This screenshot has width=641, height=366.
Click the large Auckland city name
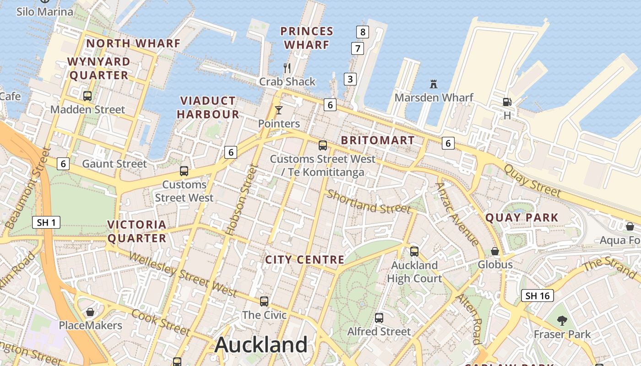[x=261, y=344]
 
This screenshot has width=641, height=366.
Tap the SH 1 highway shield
[x=47, y=223]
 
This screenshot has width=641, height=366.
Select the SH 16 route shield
[x=538, y=296]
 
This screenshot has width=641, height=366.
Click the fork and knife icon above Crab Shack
[x=287, y=68]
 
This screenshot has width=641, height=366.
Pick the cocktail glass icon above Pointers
[x=278, y=110]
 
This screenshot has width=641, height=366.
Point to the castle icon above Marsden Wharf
[x=434, y=84]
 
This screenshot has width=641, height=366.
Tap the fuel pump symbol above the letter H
[x=507, y=102]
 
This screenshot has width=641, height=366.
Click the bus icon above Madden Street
[x=87, y=96]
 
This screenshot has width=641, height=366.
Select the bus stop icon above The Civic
[x=264, y=301]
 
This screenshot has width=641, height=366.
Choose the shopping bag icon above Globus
[x=495, y=251]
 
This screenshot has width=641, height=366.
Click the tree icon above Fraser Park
[x=562, y=321]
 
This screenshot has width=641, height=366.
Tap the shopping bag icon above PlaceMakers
[x=90, y=312]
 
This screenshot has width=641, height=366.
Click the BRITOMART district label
[x=378, y=140]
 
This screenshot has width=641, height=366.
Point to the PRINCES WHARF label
[x=306, y=38]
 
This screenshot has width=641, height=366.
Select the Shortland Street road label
[x=369, y=202]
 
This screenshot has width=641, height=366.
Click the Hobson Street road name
[x=241, y=200]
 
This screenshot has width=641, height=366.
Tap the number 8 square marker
[x=363, y=32]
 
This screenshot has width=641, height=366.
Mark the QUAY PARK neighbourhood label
[x=522, y=217]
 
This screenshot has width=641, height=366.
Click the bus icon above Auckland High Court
[x=414, y=251]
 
